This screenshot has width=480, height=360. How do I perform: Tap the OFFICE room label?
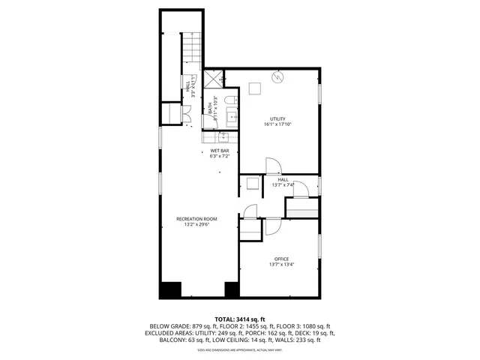pos(281,259)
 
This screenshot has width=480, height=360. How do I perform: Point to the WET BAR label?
pos(219,151)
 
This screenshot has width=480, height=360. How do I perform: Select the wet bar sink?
pos(223,136)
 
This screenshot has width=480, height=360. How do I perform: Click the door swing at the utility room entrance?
pos(273,166)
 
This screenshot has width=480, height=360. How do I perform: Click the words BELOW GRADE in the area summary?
pos(167,326)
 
